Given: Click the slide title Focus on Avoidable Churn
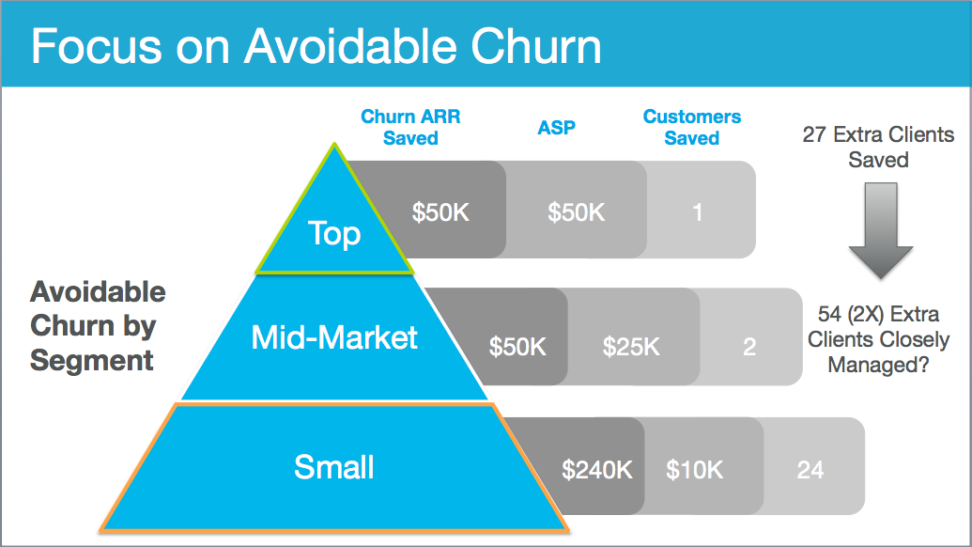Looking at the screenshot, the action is (316, 46).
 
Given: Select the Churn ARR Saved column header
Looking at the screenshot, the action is (410, 127).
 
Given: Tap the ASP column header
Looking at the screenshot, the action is (556, 127).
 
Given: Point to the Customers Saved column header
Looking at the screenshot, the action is (692, 127).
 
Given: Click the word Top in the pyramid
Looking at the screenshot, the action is (334, 234).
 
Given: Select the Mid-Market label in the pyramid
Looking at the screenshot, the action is (334, 337).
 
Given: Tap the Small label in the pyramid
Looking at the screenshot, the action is (334, 467).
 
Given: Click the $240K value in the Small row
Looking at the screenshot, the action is (597, 470).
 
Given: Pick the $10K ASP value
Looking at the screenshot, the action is (694, 470).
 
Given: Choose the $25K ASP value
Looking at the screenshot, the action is (631, 347).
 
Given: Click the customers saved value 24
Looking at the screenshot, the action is (810, 470).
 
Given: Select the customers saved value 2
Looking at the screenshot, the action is (749, 347).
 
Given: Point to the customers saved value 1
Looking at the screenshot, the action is (698, 212).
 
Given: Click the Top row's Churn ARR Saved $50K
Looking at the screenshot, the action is (440, 212).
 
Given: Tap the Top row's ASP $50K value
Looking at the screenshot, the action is (576, 212).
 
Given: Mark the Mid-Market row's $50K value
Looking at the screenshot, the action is (517, 347).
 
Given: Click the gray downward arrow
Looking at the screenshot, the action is (880, 230).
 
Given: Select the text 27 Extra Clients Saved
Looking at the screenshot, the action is (878, 147).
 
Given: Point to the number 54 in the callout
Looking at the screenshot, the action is (829, 314).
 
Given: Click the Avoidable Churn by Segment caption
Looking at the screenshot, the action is (98, 326).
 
